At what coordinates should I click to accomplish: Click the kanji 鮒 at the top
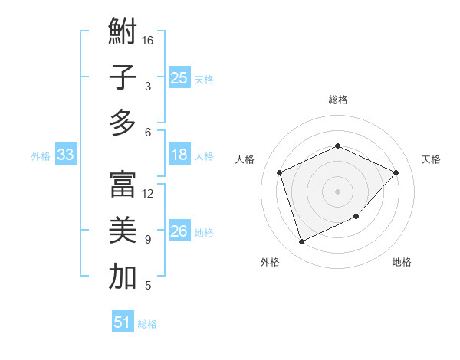click(x=122, y=31)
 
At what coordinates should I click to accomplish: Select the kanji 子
click(x=122, y=77)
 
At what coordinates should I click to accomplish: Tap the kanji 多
click(x=122, y=123)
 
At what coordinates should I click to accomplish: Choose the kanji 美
click(x=122, y=231)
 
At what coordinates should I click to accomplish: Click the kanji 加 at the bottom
click(x=122, y=277)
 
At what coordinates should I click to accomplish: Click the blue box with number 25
click(x=179, y=77)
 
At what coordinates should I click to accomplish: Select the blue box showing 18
click(x=179, y=155)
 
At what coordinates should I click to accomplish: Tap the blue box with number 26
click(x=179, y=232)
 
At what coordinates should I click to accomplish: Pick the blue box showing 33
click(x=65, y=155)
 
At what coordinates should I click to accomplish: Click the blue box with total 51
click(x=122, y=322)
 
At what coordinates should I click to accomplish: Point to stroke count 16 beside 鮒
click(x=148, y=40)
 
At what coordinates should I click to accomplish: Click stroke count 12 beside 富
click(x=148, y=194)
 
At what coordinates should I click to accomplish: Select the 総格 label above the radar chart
click(x=337, y=100)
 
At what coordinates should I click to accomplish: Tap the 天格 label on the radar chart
click(x=431, y=159)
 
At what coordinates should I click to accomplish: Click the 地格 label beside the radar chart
click(x=402, y=262)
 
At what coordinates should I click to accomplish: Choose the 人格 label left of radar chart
click(x=245, y=159)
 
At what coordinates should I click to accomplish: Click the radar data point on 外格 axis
click(x=301, y=242)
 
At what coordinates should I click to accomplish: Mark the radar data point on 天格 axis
click(x=396, y=172)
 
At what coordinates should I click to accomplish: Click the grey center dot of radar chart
click(x=337, y=191)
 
